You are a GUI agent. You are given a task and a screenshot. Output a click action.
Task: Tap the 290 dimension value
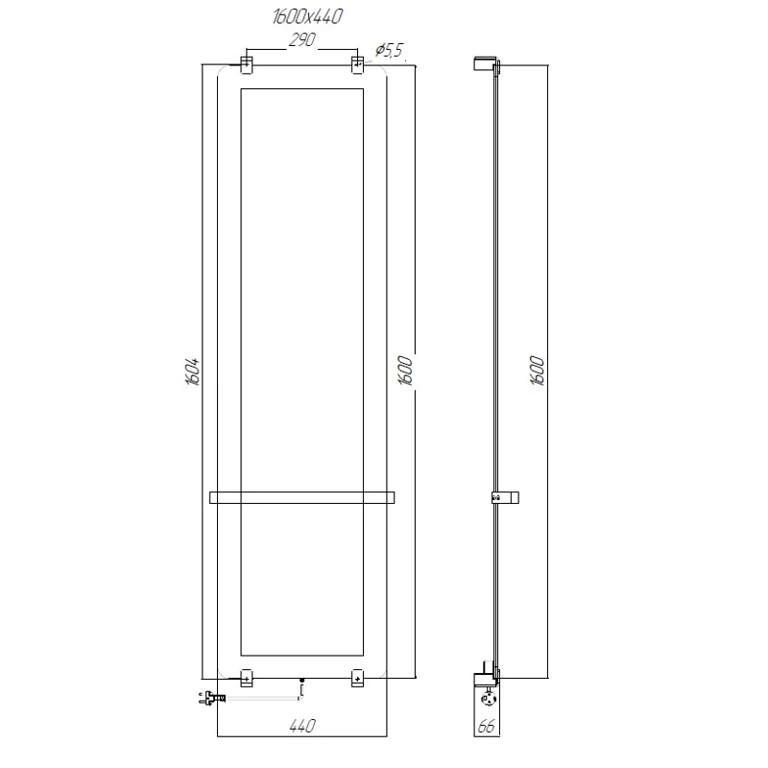(302, 41)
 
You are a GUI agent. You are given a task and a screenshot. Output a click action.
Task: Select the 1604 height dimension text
(193, 371)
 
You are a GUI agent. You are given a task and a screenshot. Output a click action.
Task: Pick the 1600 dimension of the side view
(537, 371)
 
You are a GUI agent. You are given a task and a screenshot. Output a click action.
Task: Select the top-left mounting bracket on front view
(246, 64)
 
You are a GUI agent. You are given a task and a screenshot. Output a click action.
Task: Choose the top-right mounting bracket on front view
(358, 64)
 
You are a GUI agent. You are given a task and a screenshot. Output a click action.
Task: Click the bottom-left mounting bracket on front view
(246, 677)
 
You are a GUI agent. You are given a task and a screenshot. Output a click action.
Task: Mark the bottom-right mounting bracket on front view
(358, 677)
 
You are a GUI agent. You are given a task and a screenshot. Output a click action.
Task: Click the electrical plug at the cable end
(209, 698)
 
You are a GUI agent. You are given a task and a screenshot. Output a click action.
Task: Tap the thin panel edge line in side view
(492, 288)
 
